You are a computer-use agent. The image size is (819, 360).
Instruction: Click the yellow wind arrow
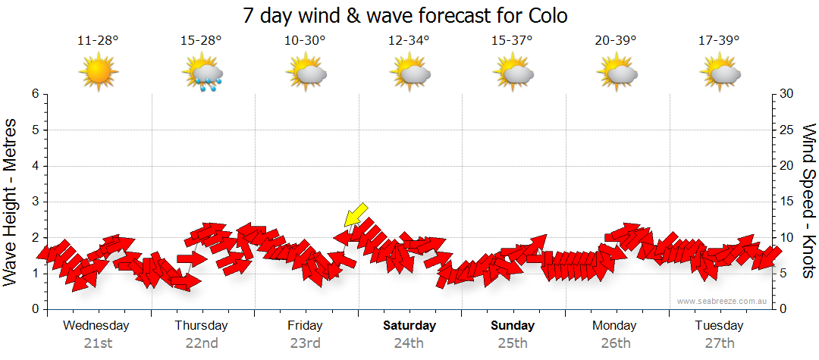(x=355, y=214)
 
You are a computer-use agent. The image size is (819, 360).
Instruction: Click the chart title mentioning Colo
(x=405, y=15)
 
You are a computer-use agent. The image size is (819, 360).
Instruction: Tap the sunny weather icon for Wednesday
(x=98, y=73)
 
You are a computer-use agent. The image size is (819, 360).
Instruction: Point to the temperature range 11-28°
(x=98, y=40)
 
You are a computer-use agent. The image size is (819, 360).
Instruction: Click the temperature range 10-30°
(x=305, y=40)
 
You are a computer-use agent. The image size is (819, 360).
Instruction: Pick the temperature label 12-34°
(x=409, y=40)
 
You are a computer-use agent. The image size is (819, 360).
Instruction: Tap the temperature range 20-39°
(x=616, y=40)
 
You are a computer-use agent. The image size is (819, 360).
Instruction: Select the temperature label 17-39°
(x=719, y=40)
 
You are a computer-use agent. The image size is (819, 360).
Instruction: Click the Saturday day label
(x=409, y=326)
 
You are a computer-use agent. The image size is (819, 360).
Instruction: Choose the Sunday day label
(x=513, y=326)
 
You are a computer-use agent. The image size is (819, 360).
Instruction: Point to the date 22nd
(x=202, y=343)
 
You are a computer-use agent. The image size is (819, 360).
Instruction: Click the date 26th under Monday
(x=616, y=343)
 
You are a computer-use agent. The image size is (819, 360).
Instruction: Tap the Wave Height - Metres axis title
(x=11, y=202)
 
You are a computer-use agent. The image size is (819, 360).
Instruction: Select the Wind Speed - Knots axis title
(x=808, y=202)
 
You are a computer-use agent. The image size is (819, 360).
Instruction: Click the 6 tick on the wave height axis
(x=34, y=94)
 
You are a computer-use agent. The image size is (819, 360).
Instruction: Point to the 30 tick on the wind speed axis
(x=787, y=94)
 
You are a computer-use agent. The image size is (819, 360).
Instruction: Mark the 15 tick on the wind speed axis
(x=787, y=202)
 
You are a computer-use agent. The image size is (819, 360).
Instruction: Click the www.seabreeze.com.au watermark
(x=723, y=301)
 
